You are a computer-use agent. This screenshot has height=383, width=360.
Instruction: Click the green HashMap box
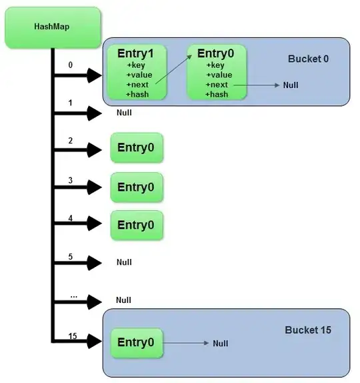click(x=52, y=27)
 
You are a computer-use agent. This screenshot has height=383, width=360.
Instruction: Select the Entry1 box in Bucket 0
click(x=139, y=73)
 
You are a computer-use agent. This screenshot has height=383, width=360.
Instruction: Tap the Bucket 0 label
click(x=308, y=59)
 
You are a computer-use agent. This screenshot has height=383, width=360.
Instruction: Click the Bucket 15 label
click(x=308, y=330)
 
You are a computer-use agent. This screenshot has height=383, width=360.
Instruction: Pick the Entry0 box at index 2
click(x=137, y=148)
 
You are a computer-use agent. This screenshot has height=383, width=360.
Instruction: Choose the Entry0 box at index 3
click(x=137, y=187)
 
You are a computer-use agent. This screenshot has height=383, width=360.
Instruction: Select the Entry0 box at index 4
click(x=137, y=225)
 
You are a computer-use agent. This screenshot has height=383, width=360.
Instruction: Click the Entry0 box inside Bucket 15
click(x=137, y=342)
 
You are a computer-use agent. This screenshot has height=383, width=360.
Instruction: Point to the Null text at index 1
click(x=124, y=113)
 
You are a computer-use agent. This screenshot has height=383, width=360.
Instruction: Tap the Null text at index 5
click(x=124, y=262)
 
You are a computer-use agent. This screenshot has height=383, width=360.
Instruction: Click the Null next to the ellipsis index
click(x=123, y=300)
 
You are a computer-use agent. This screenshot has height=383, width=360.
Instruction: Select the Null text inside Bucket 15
click(x=220, y=343)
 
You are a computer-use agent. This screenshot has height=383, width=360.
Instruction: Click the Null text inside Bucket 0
click(x=290, y=85)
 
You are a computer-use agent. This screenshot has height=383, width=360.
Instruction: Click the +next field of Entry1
click(x=139, y=85)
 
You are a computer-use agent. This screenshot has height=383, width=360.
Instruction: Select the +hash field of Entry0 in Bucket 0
click(x=216, y=94)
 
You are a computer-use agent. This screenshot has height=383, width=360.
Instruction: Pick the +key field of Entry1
click(x=136, y=65)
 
